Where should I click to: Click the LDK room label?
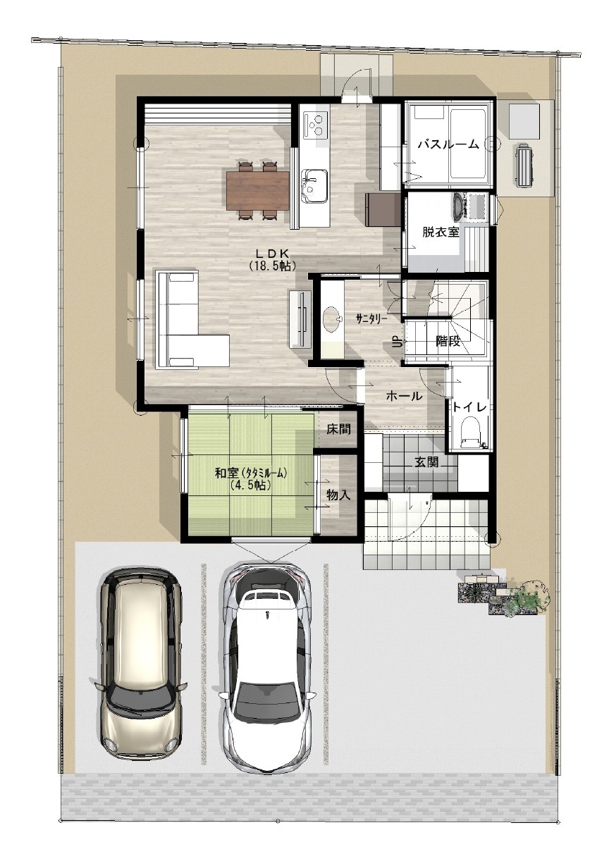pos(272,254)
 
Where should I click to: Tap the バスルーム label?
pos(449,144)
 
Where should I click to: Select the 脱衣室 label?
pos(441,232)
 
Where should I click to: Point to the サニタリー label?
pos(371,318)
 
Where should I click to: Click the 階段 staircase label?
pos(448,340)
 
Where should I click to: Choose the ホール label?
pos(404,396)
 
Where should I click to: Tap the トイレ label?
pos(469,407)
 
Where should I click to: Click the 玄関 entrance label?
pos(426,462)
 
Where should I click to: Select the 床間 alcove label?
pos(339,429)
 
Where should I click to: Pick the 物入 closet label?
pos(339,495)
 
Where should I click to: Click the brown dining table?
pos(257,191)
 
